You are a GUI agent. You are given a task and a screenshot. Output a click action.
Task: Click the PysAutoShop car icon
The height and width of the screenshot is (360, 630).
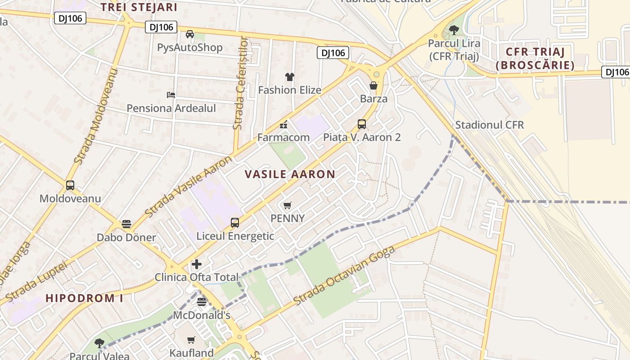tap(190, 34)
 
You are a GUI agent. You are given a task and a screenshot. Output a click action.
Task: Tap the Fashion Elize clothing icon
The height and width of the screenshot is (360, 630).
tap(289, 77)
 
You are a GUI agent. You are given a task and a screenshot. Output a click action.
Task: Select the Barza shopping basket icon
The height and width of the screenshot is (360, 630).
tap(373, 85)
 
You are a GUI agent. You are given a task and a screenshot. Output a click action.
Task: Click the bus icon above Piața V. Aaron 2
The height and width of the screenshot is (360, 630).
tap(361, 124)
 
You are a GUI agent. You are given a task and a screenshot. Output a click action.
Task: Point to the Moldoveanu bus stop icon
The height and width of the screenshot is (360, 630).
tap(70, 185)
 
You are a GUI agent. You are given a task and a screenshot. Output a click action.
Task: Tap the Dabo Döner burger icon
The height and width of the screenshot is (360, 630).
tap(126, 224)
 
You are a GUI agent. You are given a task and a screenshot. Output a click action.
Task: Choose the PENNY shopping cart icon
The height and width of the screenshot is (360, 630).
tap(287, 205)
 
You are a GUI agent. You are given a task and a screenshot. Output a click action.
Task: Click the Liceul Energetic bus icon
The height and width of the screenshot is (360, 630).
tap(234, 222)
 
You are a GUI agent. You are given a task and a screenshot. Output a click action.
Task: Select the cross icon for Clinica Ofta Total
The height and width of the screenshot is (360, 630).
tap(196, 264)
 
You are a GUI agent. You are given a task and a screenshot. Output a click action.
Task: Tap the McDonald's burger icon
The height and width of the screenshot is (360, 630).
tap(202, 301)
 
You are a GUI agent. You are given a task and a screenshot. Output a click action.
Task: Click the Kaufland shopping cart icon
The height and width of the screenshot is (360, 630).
tap(191, 340)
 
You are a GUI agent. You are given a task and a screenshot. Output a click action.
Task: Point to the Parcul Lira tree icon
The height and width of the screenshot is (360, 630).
tap(454, 30)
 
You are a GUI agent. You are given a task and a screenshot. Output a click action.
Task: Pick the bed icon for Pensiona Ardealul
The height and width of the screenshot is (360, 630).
tap(171, 95)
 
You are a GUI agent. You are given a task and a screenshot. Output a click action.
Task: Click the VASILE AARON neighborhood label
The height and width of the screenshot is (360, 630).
tap(290, 174)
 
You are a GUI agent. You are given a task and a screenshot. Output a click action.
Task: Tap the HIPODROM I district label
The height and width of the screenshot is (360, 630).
tap(84, 298)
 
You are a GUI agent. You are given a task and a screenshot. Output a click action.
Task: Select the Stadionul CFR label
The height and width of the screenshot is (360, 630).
tap(490, 125)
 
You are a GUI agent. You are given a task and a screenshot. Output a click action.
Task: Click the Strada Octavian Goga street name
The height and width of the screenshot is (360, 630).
tap(344, 275)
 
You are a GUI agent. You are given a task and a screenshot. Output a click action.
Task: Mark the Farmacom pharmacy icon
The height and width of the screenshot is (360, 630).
tap(283, 125)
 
